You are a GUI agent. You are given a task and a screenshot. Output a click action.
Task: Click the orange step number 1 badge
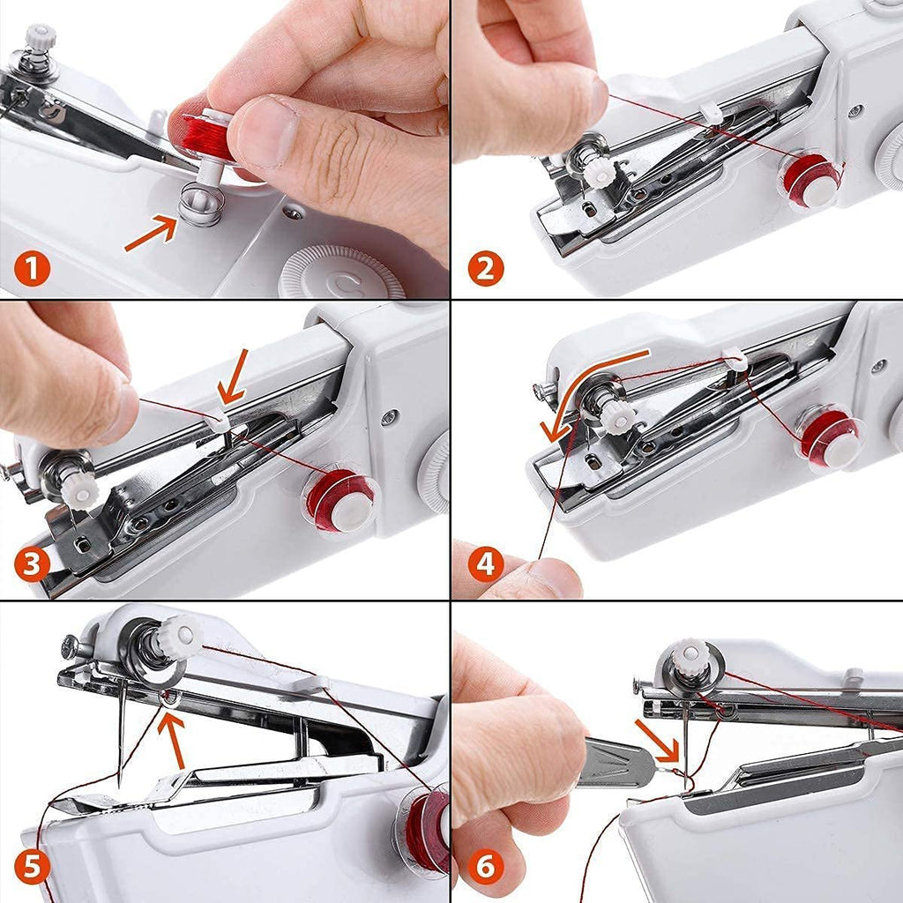click(32, 268)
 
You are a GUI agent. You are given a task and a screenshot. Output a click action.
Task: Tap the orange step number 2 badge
click(485, 268)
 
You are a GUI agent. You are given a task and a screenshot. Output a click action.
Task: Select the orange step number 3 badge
click(32, 564)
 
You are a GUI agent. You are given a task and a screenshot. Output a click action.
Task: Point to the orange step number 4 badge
click(485, 564)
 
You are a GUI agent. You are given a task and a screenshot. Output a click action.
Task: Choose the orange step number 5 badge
click(32, 868)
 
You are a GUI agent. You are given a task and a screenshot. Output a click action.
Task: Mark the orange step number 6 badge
click(485, 868)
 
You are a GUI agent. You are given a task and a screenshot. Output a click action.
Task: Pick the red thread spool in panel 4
click(829, 437)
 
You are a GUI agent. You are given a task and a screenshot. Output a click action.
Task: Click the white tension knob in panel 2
click(601, 173)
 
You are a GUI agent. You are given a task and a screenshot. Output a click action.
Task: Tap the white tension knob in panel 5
click(181, 636)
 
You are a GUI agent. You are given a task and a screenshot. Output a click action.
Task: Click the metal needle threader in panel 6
click(617, 762)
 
